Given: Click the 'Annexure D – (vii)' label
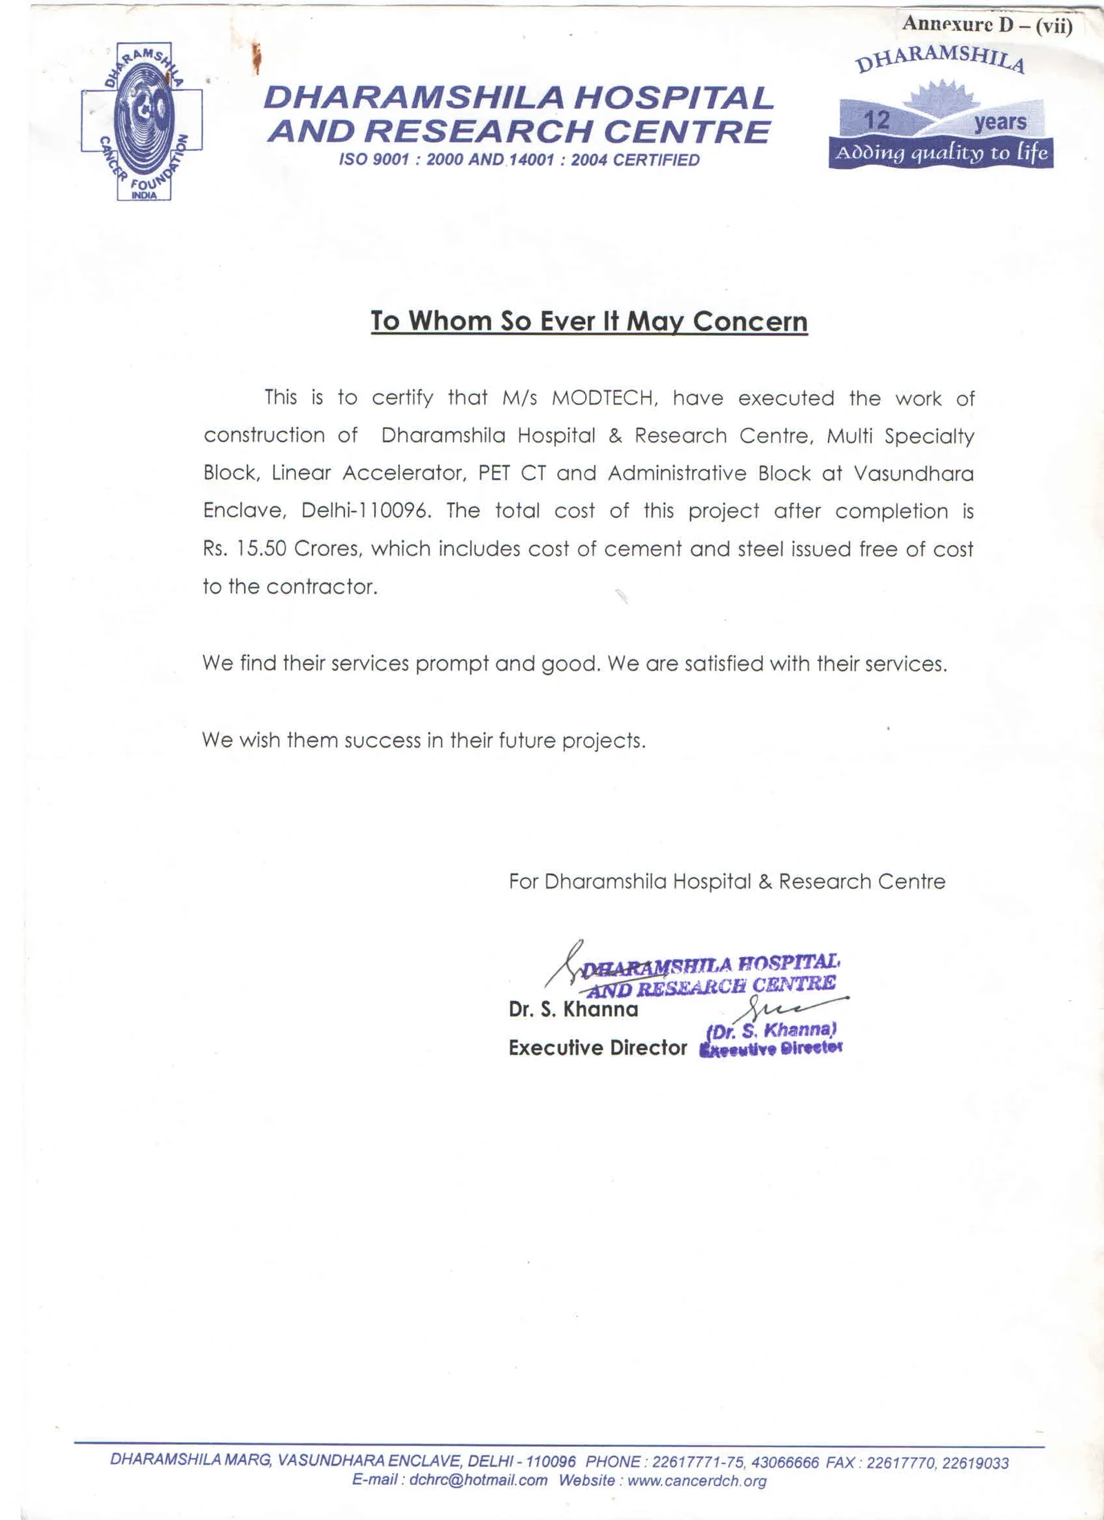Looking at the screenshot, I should click(x=987, y=25).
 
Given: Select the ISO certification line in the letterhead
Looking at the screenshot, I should click(x=519, y=161).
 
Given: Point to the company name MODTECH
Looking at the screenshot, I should click(x=600, y=399).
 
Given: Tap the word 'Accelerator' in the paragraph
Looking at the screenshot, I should click(x=400, y=474).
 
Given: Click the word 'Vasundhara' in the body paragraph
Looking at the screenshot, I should click(x=914, y=474).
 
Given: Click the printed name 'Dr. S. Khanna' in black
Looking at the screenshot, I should click(x=573, y=1010).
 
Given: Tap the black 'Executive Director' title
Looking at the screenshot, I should click(x=598, y=1048).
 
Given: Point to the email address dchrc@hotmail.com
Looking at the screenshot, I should click(x=478, y=1481).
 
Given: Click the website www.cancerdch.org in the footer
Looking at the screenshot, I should click(x=697, y=1481).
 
